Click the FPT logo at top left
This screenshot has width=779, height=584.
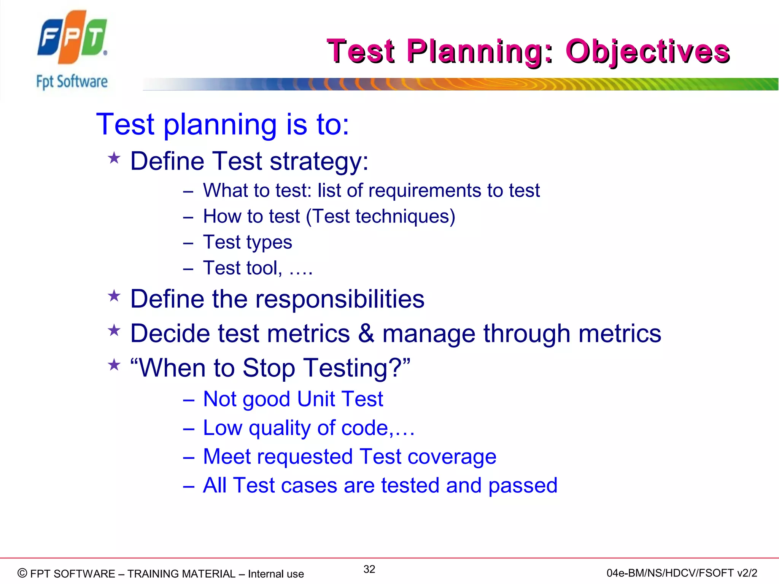[x=72, y=37]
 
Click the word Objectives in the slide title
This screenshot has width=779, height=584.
[x=647, y=51]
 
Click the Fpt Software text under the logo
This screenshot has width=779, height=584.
[x=72, y=82]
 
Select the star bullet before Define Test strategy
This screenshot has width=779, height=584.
[x=114, y=158]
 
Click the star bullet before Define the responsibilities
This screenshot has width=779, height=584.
[x=114, y=296]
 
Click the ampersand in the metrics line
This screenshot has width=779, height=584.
[x=366, y=333]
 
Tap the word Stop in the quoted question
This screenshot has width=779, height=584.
[x=269, y=368]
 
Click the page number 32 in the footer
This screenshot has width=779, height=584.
[x=369, y=569]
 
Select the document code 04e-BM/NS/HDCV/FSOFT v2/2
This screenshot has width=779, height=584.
[x=682, y=573]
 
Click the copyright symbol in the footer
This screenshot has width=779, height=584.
[x=22, y=573]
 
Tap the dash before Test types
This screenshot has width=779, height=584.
[x=188, y=243]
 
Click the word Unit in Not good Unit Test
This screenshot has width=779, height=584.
[x=316, y=399]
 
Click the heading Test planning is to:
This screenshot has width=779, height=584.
[x=223, y=124]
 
